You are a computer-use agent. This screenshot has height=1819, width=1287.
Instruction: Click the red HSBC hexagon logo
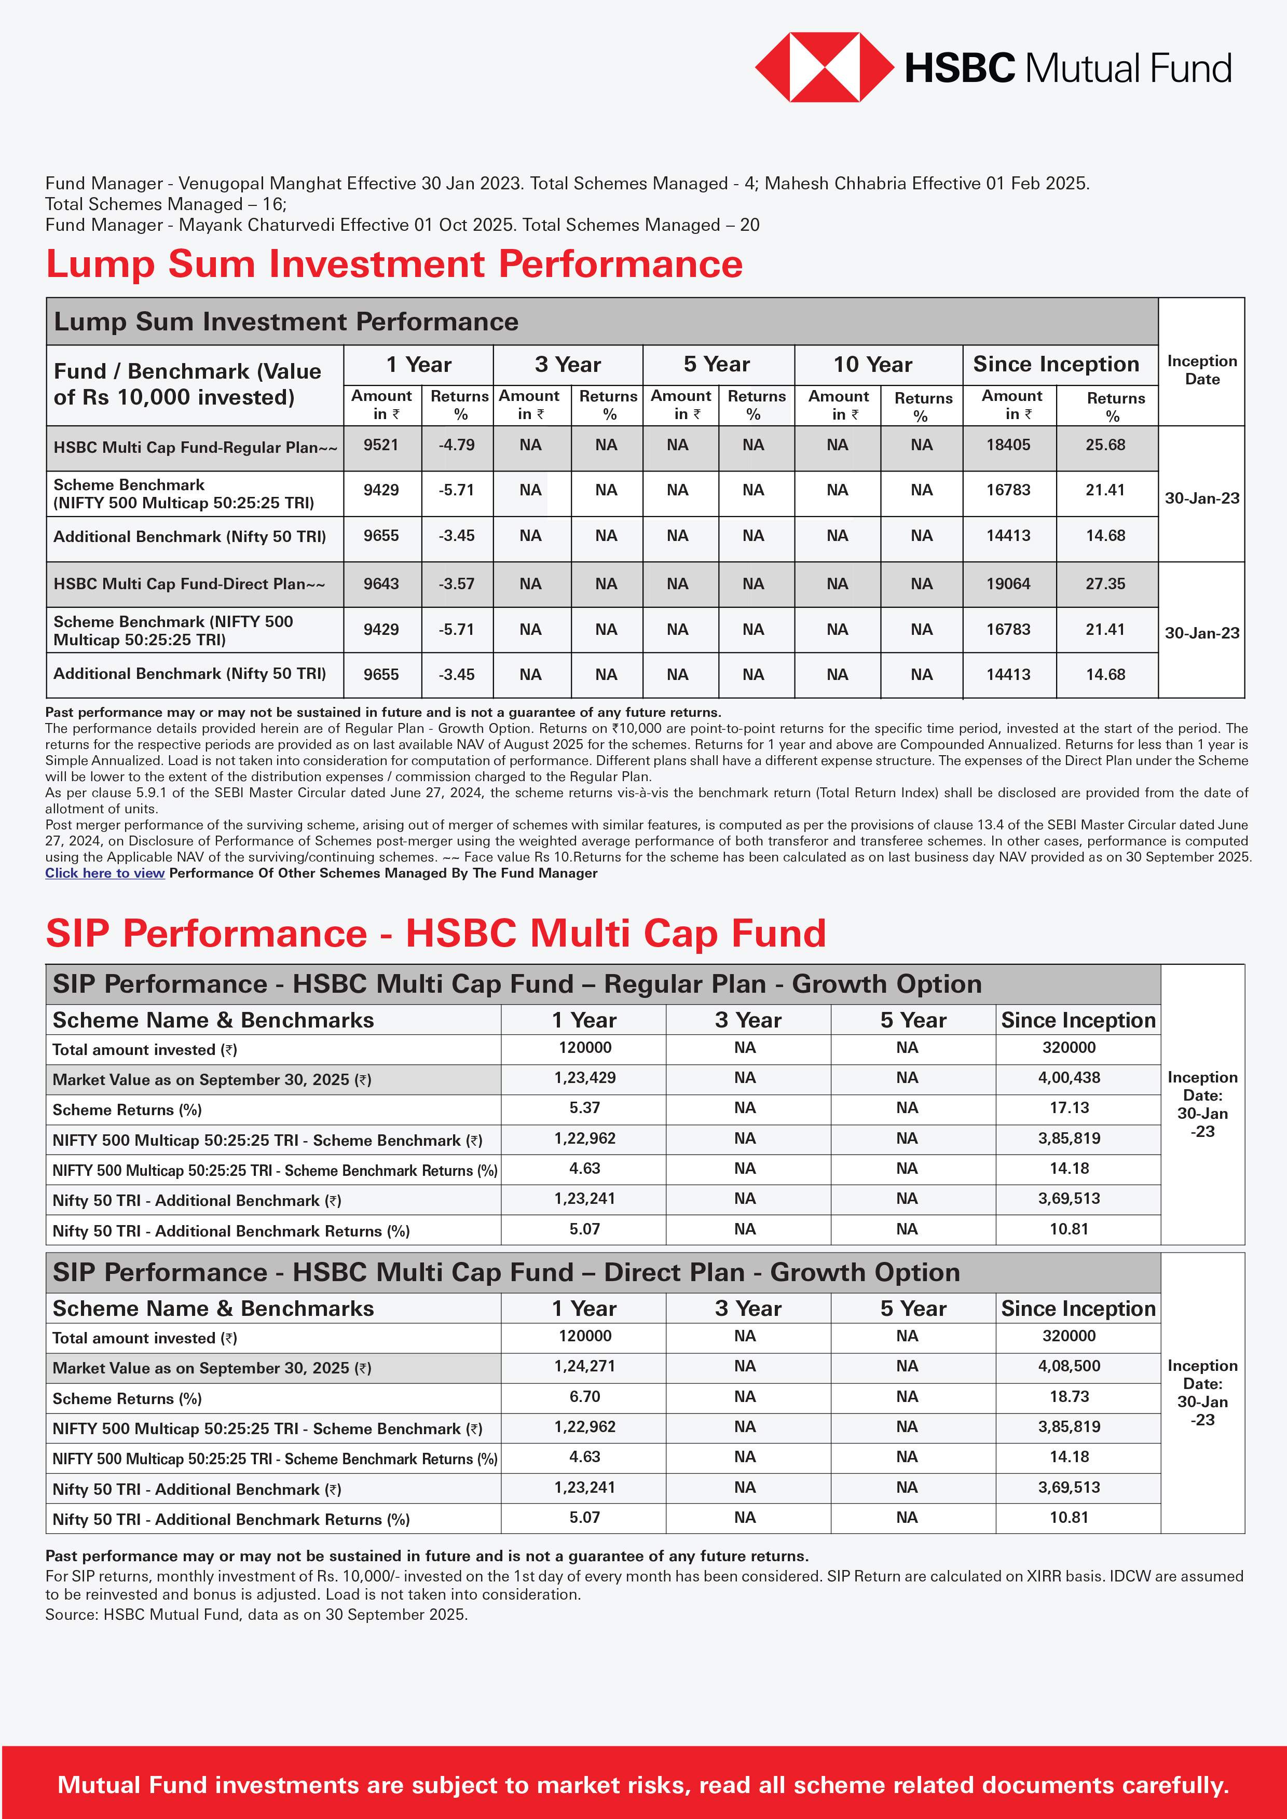pyautogui.click(x=824, y=67)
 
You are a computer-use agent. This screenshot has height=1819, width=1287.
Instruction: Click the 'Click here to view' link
pyautogui.click(x=105, y=873)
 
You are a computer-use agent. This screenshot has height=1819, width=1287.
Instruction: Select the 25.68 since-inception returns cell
pyautogui.click(x=1105, y=445)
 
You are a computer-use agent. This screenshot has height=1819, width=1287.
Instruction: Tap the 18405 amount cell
pyautogui.click(x=1008, y=445)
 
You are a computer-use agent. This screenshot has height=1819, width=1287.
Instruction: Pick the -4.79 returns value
pyautogui.click(x=457, y=445)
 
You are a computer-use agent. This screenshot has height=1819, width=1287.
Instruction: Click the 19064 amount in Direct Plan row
pyautogui.click(x=1008, y=584)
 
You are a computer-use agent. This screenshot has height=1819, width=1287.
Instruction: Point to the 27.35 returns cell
pyautogui.click(x=1105, y=584)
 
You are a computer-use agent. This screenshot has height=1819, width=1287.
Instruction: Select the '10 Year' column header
pyautogui.click(x=872, y=365)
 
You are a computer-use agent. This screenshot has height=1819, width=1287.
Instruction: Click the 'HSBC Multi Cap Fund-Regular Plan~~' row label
pyautogui.click(x=195, y=448)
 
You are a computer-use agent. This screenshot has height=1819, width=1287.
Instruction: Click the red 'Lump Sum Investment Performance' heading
pyautogui.click(x=394, y=264)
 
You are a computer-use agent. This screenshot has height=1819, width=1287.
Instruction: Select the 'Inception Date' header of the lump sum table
pyautogui.click(x=1201, y=370)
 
